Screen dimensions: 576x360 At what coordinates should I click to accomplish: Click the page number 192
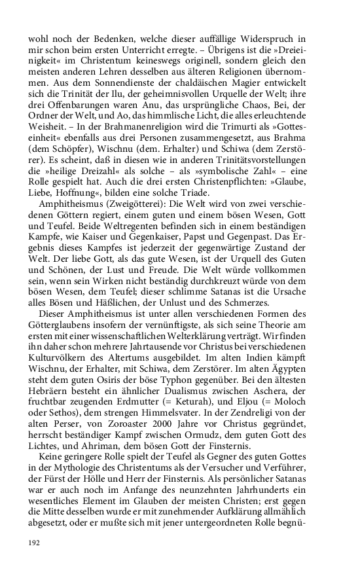[x=34, y=543]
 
